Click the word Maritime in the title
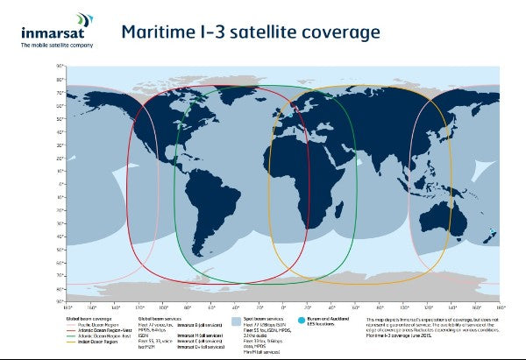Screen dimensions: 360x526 click(x=159, y=32)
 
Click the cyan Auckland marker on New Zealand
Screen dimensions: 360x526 click(x=492, y=231)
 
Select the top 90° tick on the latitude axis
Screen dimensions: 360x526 click(x=60, y=66)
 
